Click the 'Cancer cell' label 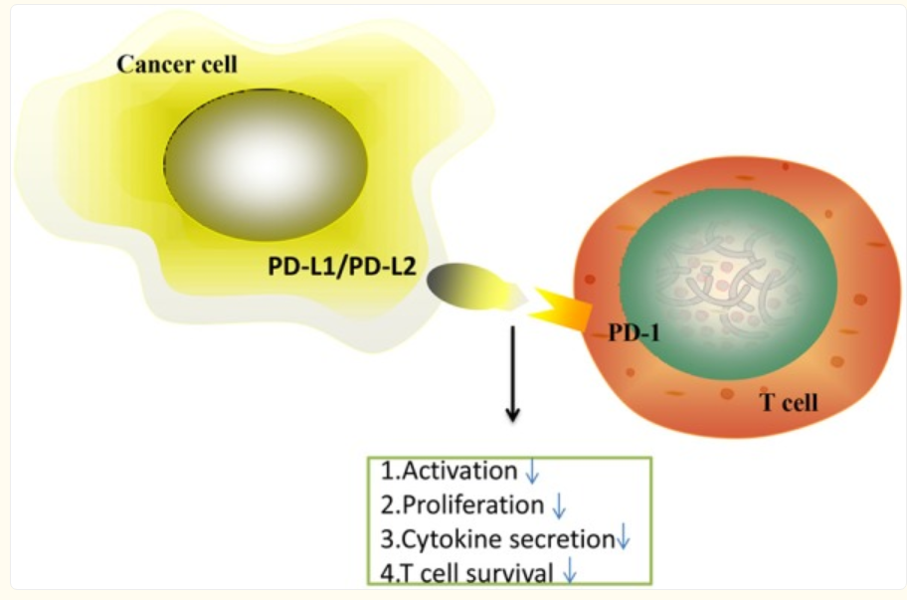[x=177, y=65]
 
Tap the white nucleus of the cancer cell [x=266, y=164]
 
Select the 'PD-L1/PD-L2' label [x=342, y=267]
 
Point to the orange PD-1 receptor [x=561, y=309]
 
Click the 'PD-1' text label [x=634, y=332]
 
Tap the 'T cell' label [x=789, y=403]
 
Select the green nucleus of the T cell [x=728, y=285]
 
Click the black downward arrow [x=512, y=374]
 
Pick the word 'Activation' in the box [x=459, y=471]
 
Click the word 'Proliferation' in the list [x=473, y=505]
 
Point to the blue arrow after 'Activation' [x=532, y=472]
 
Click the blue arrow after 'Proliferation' [x=559, y=506]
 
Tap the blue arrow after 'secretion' [x=624, y=537]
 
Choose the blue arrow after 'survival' [x=570, y=570]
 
